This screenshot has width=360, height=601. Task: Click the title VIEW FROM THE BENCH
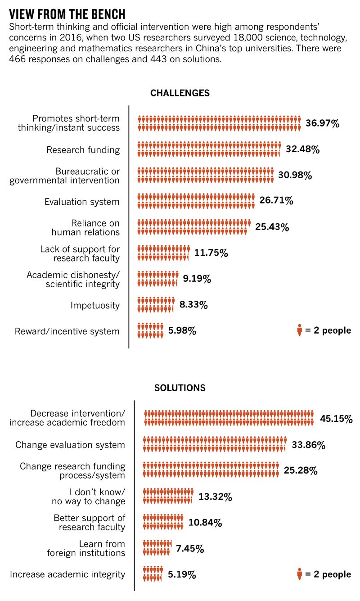(x=67, y=13)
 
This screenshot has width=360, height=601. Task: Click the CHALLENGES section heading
(x=180, y=93)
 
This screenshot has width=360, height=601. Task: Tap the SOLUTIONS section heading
(x=180, y=388)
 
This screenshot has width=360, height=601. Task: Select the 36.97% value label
(x=322, y=123)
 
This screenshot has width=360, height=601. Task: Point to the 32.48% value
(x=302, y=149)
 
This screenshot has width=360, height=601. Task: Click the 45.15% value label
(x=336, y=419)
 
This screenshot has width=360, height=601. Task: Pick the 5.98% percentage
(x=182, y=331)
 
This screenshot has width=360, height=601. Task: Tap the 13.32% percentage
(x=215, y=497)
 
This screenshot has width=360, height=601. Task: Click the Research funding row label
(x=83, y=150)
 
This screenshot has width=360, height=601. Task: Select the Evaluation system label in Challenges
(x=82, y=202)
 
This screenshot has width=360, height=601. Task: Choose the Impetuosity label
(x=95, y=306)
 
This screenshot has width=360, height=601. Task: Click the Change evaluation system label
(x=70, y=445)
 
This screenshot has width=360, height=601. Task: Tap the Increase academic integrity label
(x=67, y=574)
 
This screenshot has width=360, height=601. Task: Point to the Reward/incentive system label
(x=67, y=331)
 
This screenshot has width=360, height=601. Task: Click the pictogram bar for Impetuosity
(x=156, y=305)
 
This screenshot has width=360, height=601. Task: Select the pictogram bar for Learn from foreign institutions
(x=157, y=548)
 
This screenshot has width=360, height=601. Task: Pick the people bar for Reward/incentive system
(x=150, y=330)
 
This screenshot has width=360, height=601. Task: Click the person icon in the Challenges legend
(x=299, y=331)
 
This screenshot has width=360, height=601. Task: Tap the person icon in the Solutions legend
(x=299, y=574)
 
